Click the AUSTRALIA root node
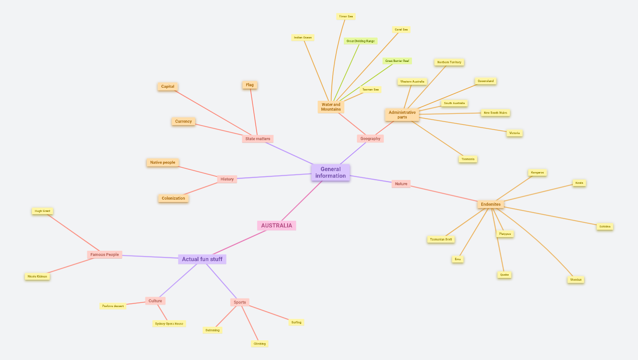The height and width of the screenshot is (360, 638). click(x=276, y=225)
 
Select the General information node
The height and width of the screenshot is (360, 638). click(x=330, y=172)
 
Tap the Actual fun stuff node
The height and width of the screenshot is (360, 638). click(x=202, y=259)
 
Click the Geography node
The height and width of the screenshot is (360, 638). click(x=370, y=139)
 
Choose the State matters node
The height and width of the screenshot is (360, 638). click(x=258, y=139)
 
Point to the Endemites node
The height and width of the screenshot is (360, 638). click(x=490, y=204)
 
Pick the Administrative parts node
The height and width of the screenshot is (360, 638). click(x=402, y=115)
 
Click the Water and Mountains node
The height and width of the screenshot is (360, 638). click(x=331, y=107)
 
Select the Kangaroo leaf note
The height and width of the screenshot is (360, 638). click(x=537, y=172)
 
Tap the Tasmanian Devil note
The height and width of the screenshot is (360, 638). click(x=441, y=240)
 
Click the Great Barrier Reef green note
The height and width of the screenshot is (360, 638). click(x=397, y=61)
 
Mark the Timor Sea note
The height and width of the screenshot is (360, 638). click(x=346, y=16)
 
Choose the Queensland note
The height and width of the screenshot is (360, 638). click(x=486, y=81)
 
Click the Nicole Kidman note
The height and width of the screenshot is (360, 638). click(x=37, y=277)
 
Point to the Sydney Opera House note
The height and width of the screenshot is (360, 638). click(x=169, y=324)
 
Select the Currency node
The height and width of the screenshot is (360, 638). click(x=183, y=121)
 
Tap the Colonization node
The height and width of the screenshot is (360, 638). click(x=173, y=198)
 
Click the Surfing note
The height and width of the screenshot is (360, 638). click(x=296, y=322)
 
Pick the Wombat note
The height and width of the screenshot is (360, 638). click(x=576, y=280)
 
